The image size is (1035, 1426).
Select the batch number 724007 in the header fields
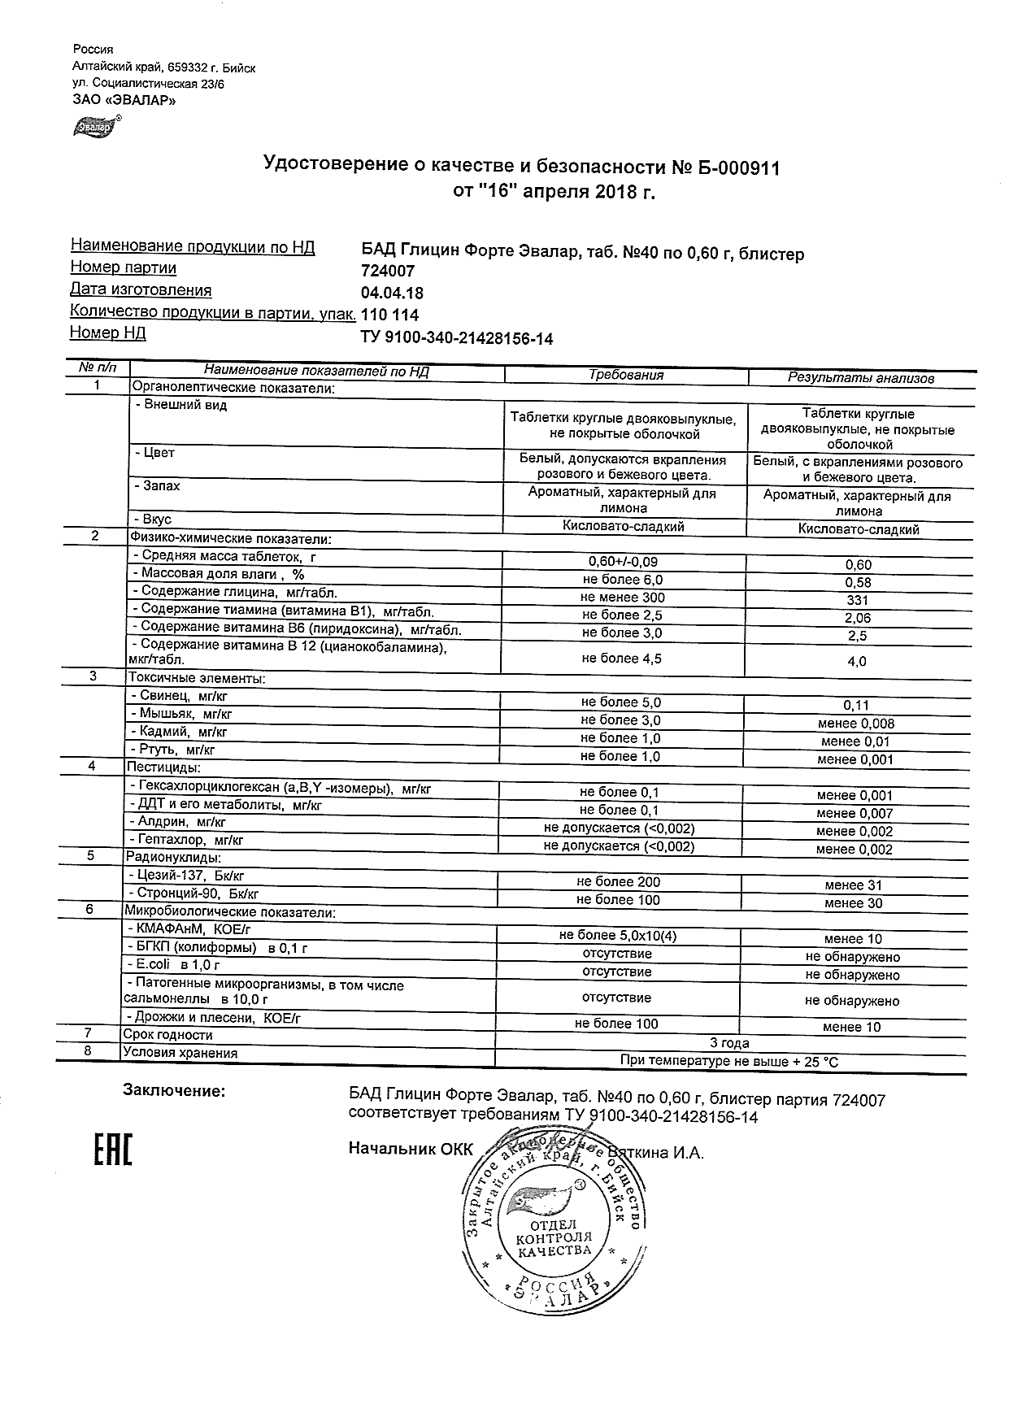click(x=388, y=272)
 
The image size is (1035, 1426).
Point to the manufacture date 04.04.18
click(x=392, y=293)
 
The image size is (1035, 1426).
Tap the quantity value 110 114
click(x=389, y=315)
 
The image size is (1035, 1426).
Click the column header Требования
click(x=625, y=376)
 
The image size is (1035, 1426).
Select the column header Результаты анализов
click(x=860, y=378)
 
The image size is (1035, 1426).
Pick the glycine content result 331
click(x=858, y=600)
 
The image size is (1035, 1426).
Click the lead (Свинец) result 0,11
click(x=857, y=706)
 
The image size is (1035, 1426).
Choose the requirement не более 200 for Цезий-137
click(x=618, y=882)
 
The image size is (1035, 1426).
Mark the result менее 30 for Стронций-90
click(x=853, y=903)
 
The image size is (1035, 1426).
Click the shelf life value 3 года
click(x=729, y=1043)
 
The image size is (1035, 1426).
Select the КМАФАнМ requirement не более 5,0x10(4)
click(x=618, y=936)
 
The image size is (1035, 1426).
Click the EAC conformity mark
click(x=109, y=1146)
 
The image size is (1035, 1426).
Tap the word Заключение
click(x=173, y=1091)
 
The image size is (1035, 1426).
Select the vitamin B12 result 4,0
click(x=857, y=662)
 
